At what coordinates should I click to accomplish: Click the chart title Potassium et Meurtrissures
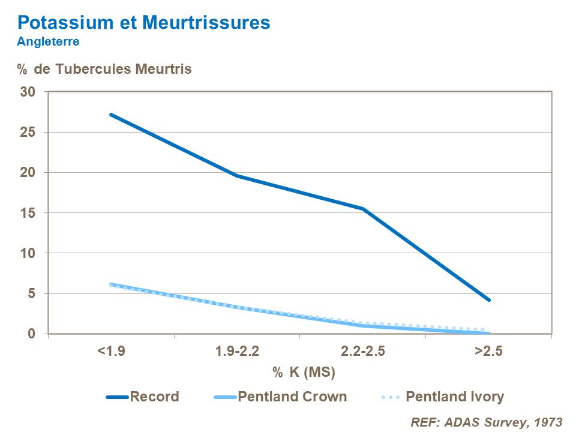point(144,23)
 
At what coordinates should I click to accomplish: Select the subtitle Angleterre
point(49,42)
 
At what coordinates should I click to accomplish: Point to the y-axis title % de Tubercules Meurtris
point(104,69)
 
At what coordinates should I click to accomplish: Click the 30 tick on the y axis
point(28,92)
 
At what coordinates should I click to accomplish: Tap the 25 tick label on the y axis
point(28,132)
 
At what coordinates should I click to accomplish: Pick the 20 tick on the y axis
point(28,173)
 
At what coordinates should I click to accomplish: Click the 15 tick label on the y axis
point(28,213)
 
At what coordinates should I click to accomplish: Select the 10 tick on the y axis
point(28,253)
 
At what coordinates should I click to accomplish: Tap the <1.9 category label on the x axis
point(111,352)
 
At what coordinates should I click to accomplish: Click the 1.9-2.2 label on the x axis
point(237,352)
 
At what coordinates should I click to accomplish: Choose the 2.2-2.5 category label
point(363,352)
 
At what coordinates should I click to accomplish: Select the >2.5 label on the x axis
point(489,352)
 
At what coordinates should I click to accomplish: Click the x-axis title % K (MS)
point(304,373)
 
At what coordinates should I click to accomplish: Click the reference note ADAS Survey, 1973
point(487,422)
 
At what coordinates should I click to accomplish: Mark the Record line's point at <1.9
point(111,115)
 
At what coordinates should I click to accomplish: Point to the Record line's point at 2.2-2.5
point(363,209)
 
